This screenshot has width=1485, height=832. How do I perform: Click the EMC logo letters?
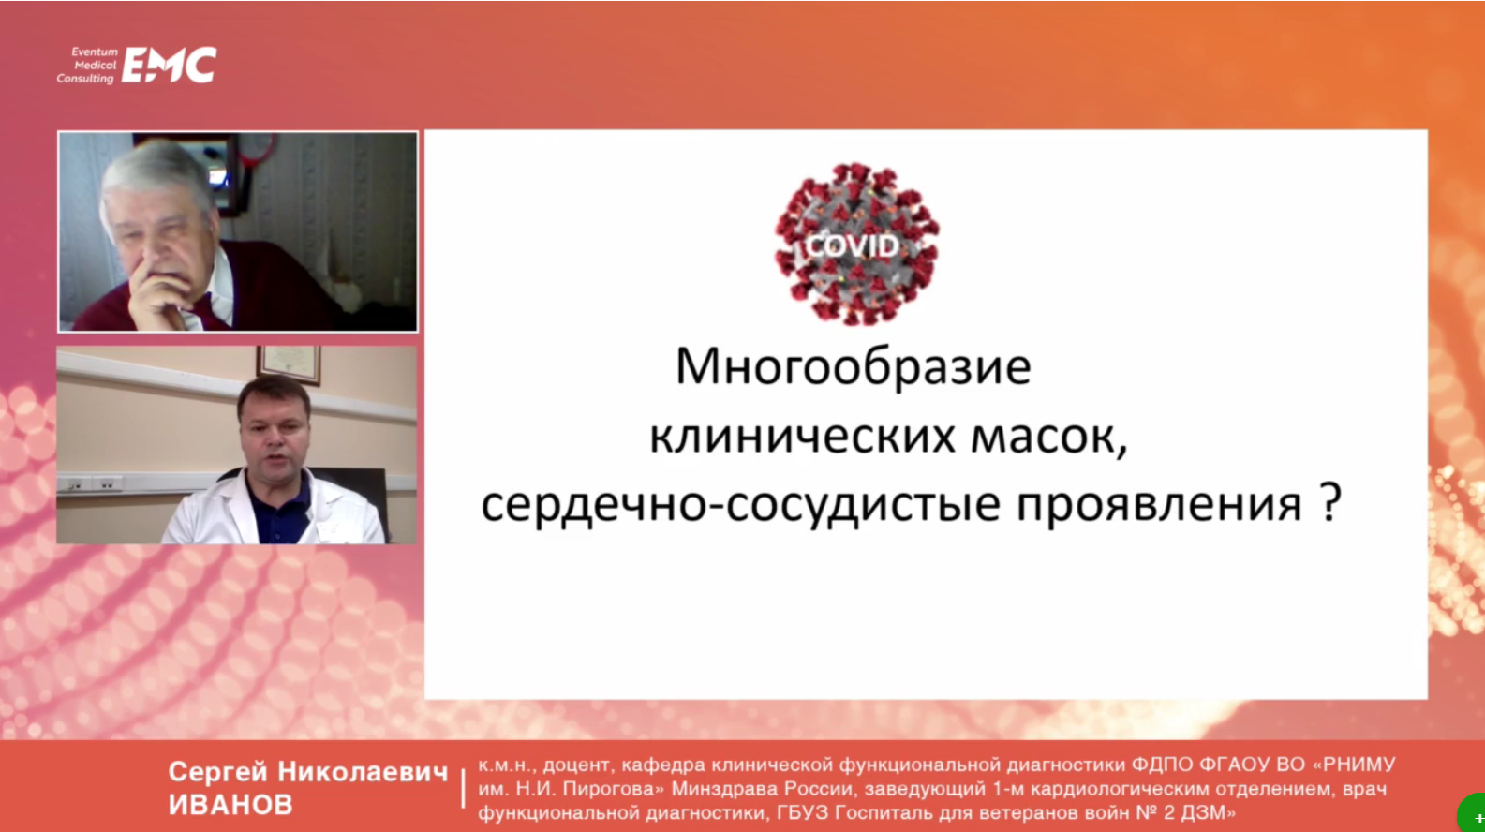[x=170, y=65]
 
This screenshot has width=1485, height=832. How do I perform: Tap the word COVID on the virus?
[x=854, y=246]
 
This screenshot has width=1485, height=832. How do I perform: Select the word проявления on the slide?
[x=1160, y=506]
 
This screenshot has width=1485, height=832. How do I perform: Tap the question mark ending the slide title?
[x=1330, y=502]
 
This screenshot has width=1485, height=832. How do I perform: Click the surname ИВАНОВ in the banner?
[x=230, y=805]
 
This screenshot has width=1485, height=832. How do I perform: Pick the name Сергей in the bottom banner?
[x=218, y=773]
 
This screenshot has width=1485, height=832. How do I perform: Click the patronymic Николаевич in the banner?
[x=363, y=772]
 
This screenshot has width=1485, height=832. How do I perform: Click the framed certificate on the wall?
[x=290, y=364]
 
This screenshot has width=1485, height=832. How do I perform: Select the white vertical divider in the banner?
[x=464, y=788]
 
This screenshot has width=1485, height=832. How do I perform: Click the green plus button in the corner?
[x=1473, y=813]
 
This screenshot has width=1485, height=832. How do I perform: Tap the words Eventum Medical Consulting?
[x=87, y=65]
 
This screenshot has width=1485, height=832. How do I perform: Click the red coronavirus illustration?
[x=856, y=244]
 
